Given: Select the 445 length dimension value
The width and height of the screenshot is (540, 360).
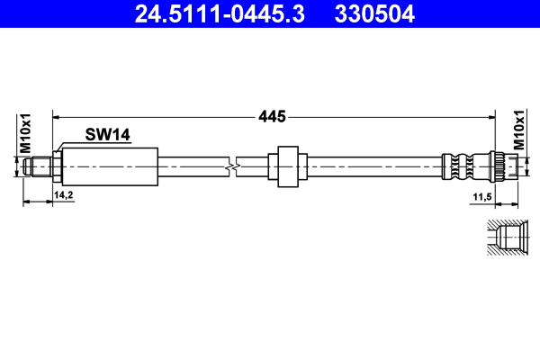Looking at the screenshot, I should pos(272,116).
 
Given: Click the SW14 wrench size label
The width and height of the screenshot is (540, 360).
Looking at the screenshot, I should pos(108,135).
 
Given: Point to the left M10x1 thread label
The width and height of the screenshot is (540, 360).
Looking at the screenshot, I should pos(26,134).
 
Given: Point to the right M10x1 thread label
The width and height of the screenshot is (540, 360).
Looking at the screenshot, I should pos(518,132).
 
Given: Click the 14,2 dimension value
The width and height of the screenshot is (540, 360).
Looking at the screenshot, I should pos(64,194).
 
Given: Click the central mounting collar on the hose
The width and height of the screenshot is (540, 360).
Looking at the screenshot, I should pos(288,166).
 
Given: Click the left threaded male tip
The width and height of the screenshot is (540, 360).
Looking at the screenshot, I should pos(39,166).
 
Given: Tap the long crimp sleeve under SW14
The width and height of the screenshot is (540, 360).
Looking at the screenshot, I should pos(110,166).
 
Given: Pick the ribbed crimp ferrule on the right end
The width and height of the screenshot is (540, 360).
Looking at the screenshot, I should pos(463,166).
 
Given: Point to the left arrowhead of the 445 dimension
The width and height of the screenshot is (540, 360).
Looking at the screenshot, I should pos(58,116).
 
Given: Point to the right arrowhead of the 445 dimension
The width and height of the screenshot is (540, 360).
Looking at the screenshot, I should pos(491,116).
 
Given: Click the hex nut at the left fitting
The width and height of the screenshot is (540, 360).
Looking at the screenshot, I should pos(56,166).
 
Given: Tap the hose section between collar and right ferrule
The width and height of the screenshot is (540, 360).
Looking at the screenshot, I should pos(369,166).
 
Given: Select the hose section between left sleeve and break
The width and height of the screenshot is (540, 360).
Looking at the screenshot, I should pos(193,166).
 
